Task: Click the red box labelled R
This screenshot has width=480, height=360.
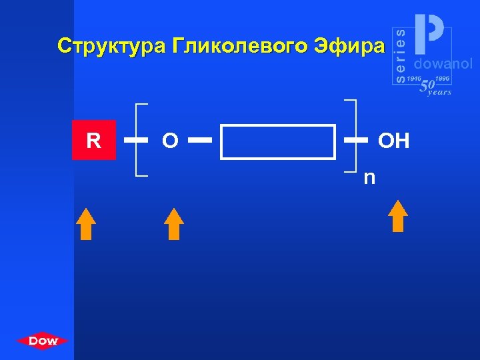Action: click(94, 141)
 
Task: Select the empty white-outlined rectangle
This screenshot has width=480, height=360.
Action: click(278, 141)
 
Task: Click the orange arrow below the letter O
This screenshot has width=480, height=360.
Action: click(173, 223)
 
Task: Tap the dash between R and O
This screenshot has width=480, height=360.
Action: click(136, 141)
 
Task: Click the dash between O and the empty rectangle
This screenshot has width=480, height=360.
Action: click(200, 141)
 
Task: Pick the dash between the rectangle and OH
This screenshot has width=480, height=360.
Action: click(355, 141)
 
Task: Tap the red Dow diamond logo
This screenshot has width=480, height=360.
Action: click(43, 341)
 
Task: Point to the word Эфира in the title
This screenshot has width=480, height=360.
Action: click(348, 46)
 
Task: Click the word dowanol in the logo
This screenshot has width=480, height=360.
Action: click(443, 64)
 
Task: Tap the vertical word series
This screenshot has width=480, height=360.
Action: click(400, 55)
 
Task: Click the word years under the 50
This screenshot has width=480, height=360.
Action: click(439, 93)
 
